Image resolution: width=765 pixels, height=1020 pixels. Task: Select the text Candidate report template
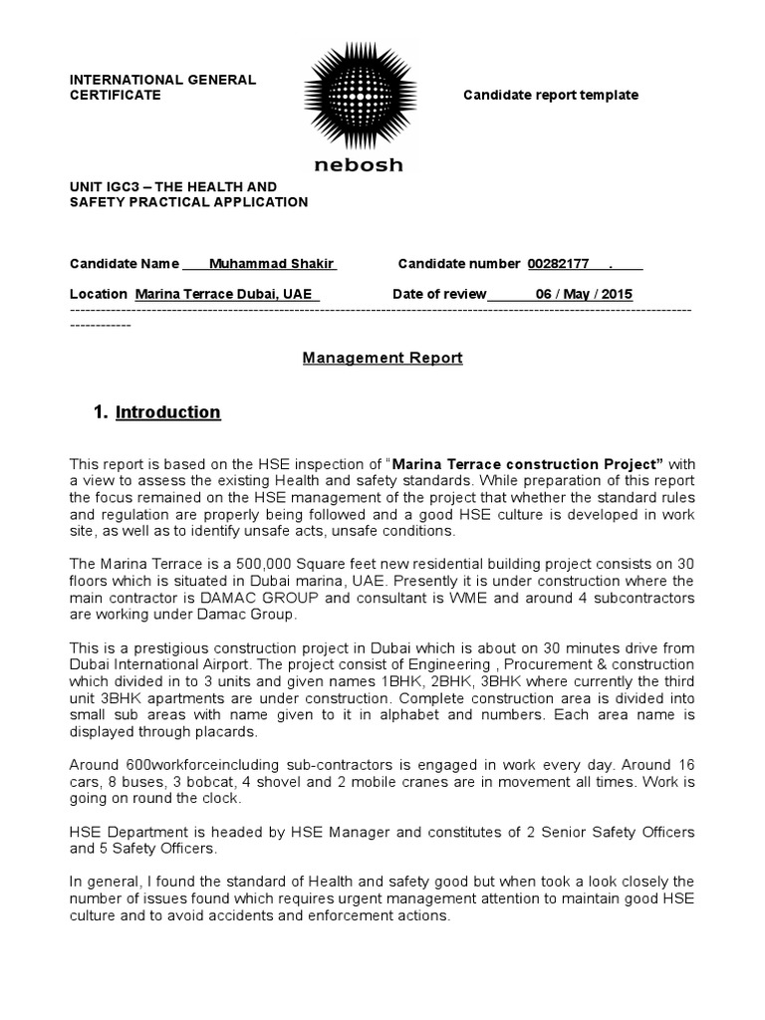click(551, 95)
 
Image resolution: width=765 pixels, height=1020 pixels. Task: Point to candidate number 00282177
click(558, 264)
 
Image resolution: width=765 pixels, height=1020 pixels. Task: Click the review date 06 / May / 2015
click(583, 294)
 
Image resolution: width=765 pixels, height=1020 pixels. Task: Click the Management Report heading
click(382, 358)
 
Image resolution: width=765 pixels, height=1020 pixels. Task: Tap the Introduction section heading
click(168, 412)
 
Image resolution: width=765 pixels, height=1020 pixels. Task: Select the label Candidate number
click(458, 264)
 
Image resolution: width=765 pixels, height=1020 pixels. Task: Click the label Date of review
click(439, 294)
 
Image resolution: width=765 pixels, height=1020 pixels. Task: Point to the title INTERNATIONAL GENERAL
click(162, 79)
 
